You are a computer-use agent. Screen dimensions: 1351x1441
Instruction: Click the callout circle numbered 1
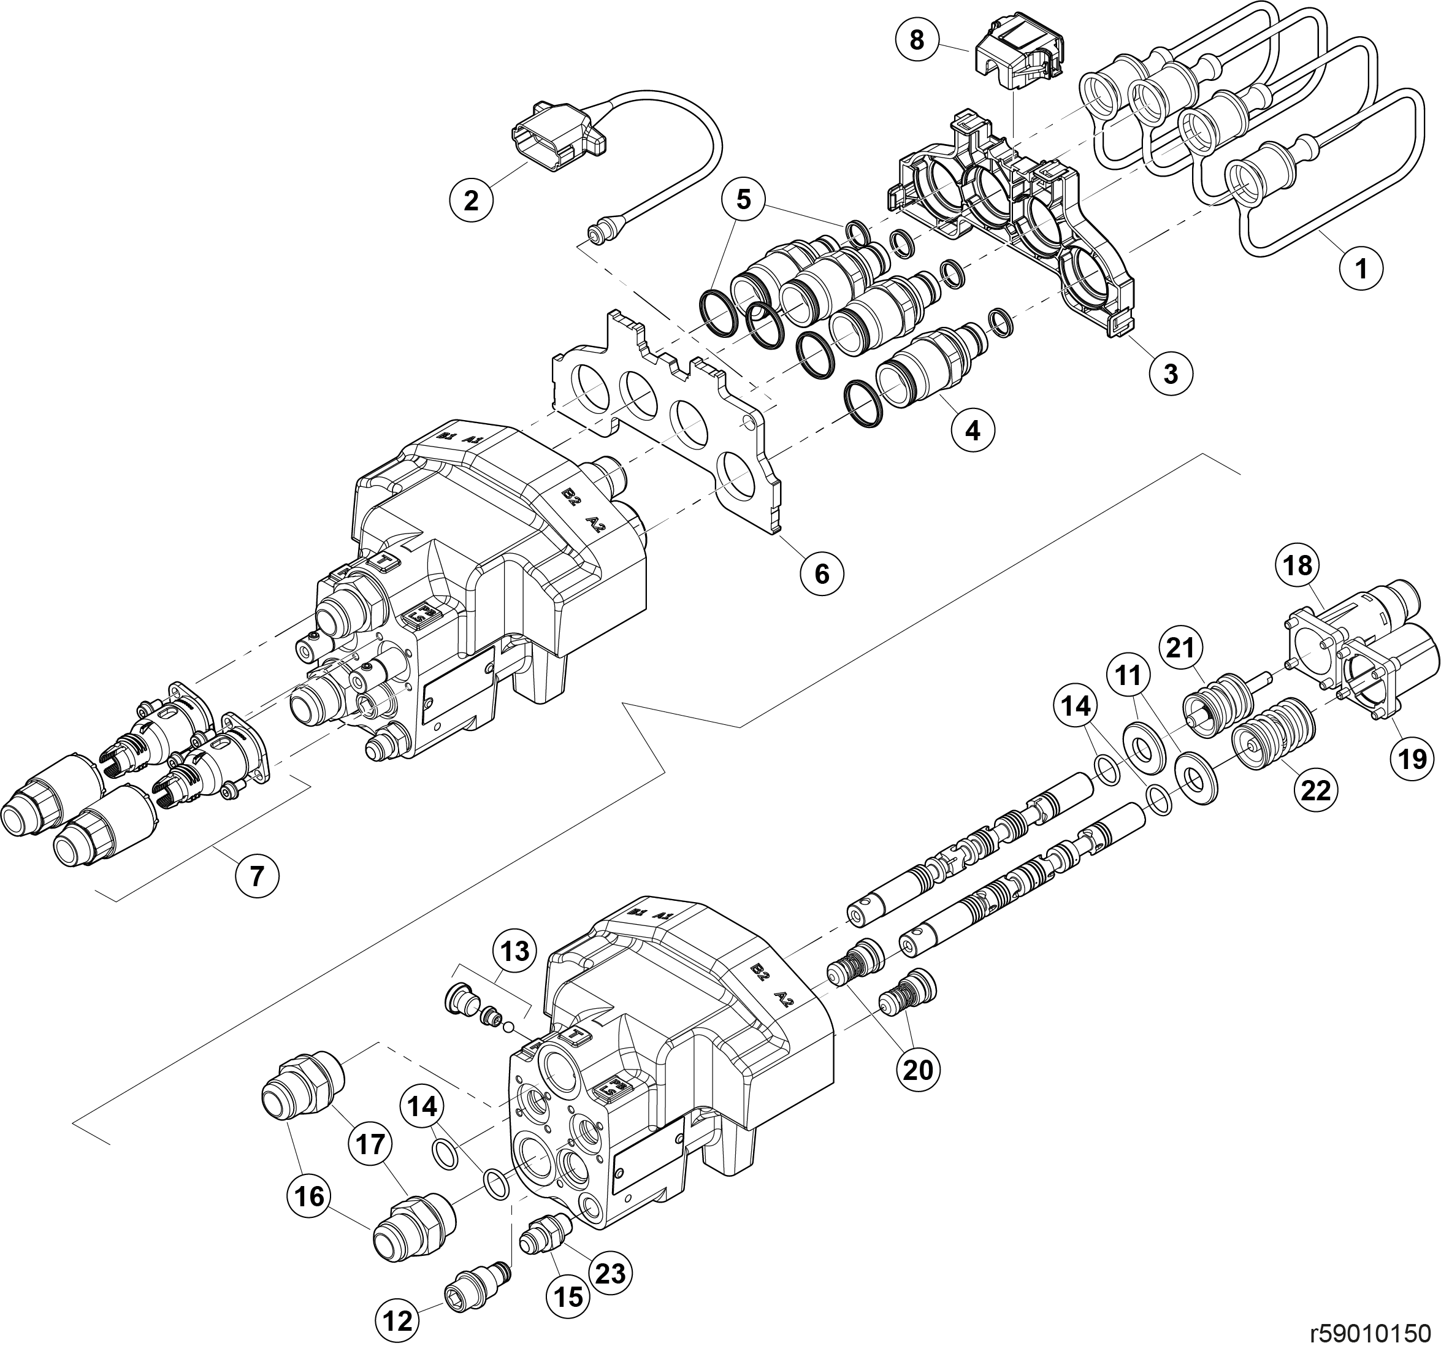(1361, 269)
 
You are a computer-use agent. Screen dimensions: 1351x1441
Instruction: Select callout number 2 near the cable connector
(471, 199)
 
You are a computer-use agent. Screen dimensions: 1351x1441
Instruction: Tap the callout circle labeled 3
(1171, 374)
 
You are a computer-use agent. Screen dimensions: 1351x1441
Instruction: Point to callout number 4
(973, 431)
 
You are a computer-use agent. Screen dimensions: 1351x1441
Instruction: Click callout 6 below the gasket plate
(822, 574)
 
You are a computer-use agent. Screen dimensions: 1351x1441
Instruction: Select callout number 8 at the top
(917, 40)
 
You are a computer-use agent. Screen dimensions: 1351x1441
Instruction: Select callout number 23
(610, 1272)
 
